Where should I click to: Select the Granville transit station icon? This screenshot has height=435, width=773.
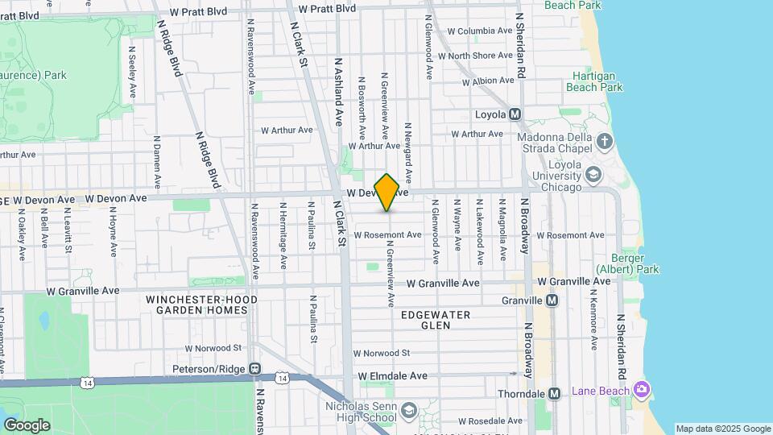552,300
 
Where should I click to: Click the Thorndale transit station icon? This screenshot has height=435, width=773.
554,394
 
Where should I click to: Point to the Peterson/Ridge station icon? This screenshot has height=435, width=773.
255,369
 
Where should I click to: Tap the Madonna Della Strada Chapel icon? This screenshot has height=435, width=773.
605,143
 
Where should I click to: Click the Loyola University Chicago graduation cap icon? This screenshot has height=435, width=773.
593,173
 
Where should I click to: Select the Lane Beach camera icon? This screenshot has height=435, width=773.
642,391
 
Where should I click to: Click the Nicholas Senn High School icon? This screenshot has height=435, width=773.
409,412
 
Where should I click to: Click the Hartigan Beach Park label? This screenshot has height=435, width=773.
594,81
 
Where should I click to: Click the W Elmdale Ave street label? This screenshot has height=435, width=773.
393,376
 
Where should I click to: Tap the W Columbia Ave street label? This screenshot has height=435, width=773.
480,31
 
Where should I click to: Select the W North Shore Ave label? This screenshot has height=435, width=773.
480,56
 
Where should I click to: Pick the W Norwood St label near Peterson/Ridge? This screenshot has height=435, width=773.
213,349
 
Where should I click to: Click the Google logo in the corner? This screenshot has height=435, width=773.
27,425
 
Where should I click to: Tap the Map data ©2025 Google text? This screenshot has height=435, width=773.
722,429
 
